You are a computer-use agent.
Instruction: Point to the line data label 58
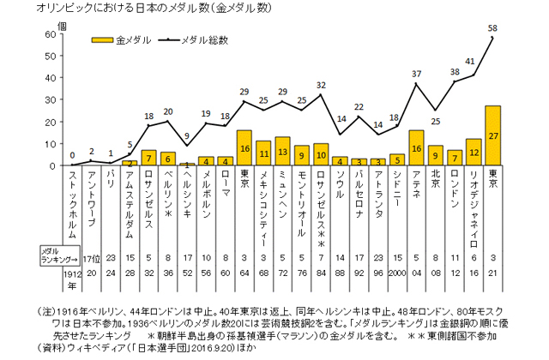point(492,28)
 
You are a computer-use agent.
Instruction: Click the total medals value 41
point(470,62)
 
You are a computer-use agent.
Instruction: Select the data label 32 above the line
point(321,85)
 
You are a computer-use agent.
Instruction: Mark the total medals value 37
point(417,75)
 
